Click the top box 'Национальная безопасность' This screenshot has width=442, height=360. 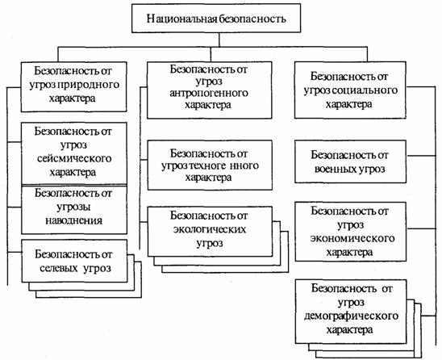pyautogui.click(x=216, y=18)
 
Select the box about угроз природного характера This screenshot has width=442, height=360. pyautogui.click(x=74, y=87)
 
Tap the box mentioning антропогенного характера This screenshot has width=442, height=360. pyautogui.click(x=210, y=90)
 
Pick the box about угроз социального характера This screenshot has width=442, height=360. pyautogui.click(x=350, y=90)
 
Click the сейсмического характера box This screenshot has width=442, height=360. pyautogui.click(x=74, y=153)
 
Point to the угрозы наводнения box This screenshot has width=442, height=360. pyautogui.click(x=74, y=210)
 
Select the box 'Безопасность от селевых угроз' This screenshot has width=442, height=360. pyautogui.click(x=74, y=261)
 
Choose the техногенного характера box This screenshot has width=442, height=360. pyautogui.click(x=210, y=165)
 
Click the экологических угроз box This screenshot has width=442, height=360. pyautogui.click(x=210, y=232)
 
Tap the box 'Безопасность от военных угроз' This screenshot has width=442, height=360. pyautogui.click(x=350, y=161)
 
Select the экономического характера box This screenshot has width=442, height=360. pyautogui.click(x=351, y=232)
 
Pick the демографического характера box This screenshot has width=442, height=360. pyautogui.click(x=351, y=312)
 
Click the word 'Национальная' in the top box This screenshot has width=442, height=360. pyautogui.click(x=182, y=19)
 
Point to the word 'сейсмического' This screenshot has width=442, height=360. pyautogui.click(x=74, y=158)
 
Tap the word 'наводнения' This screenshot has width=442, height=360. pyautogui.click(x=74, y=220)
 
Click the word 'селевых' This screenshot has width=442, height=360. pyautogui.click(x=58, y=268)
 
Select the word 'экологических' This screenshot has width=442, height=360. pyautogui.click(x=210, y=230)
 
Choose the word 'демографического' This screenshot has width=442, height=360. pyautogui.click(x=351, y=316)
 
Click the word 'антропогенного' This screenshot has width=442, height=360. pyautogui.click(x=209, y=93)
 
